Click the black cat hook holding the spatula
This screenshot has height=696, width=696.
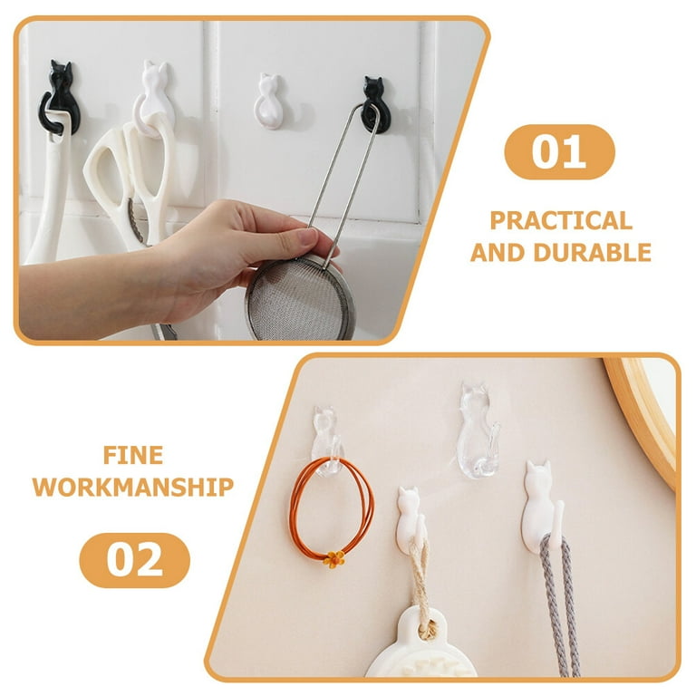click(x=61, y=98)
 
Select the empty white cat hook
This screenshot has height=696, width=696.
click(x=268, y=101)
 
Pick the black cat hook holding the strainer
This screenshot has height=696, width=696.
click(x=375, y=104)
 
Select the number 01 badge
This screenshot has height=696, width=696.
click(x=559, y=152)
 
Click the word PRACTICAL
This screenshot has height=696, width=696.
click(x=561, y=220)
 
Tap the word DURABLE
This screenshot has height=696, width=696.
click(x=592, y=253)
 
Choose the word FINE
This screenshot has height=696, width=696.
click(x=133, y=456)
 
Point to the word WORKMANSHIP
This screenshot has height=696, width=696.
click(x=133, y=487)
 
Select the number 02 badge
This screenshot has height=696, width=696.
click(x=134, y=560)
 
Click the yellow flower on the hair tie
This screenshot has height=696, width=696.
click(x=333, y=559)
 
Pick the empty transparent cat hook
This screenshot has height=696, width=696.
click(x=478, y=430)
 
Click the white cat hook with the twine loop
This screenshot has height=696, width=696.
click(x=411, y=519)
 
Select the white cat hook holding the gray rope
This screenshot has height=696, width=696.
click(x=543, y=507)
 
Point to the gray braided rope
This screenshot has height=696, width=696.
click(x=560, y=608)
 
